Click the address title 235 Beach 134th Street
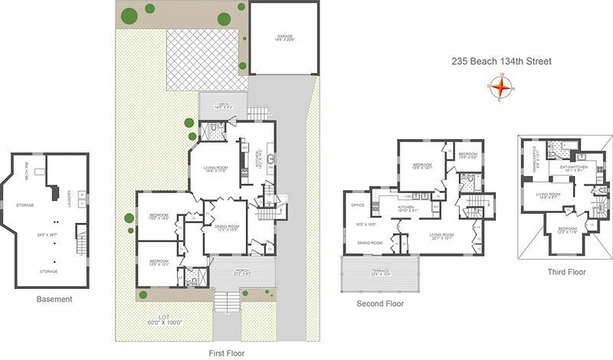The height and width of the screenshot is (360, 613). tap(501, 62)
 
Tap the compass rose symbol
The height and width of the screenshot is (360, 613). tap(500, 88)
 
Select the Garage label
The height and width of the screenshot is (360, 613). tap(284, 36)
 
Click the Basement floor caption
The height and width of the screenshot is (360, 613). tap(54, 299)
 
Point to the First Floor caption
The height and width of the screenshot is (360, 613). tap(227, 353)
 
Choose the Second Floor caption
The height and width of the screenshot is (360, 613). tap(380, 304)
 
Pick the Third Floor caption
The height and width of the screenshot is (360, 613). tap(567, 272)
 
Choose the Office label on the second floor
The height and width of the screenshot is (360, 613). tap(358, 205)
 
